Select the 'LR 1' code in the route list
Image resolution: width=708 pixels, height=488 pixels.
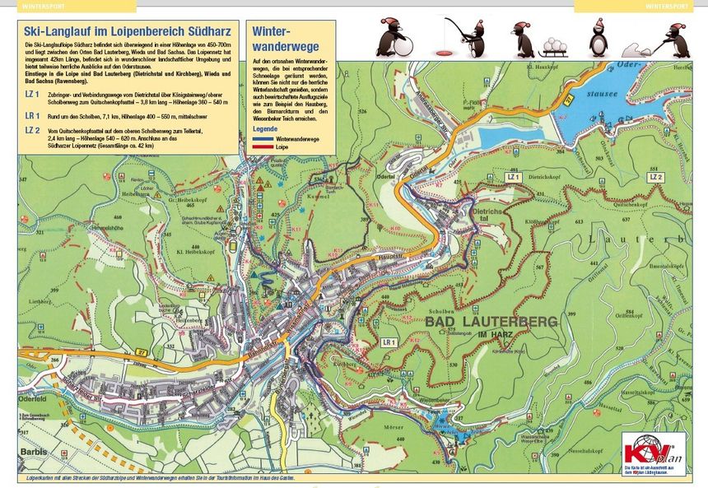click(x=34, y=115)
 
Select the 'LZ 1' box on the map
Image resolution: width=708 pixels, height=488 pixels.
click(x=515, y=177)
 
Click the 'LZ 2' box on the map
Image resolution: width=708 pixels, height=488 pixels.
click(x=655, y=177)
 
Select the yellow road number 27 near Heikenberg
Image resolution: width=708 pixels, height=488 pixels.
click(x=142, y=352)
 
